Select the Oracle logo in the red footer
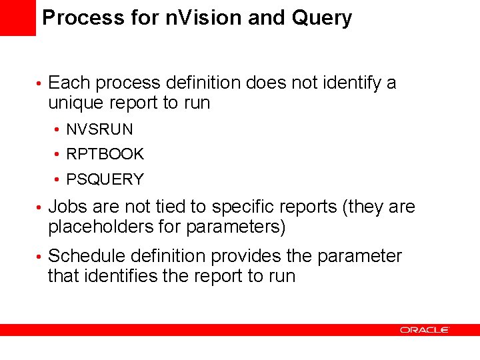[424, 329]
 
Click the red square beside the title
[18, 18]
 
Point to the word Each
[69, 83]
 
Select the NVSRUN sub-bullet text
[99, 129]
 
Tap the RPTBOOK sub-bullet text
[105, 154]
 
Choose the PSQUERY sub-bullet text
[105, 179]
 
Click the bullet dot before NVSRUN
[59, 129]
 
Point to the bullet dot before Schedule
[40, 257]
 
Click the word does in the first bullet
[264, 83]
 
